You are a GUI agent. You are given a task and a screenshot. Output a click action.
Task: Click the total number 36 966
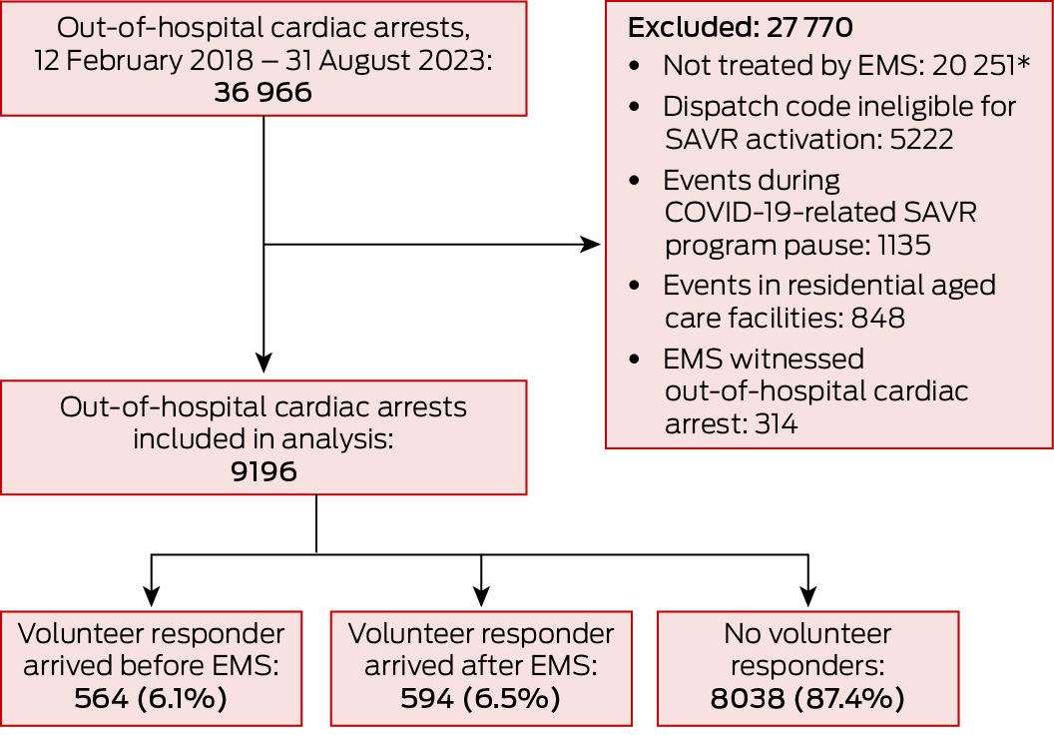click(x=263, y=93)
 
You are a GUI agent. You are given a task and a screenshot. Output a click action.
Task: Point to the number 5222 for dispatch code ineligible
click(x=920, y=139)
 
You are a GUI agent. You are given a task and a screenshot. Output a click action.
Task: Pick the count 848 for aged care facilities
click(x=877, y=319)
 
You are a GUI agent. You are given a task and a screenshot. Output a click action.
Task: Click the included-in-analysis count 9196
click(x=263, y=470)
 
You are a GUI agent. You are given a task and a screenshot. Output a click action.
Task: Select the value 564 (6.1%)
click(x=151, y=699)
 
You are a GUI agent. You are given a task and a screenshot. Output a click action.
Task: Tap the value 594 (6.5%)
click(x=480, y=699)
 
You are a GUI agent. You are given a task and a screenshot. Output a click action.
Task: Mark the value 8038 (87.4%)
click(x=807, y=699)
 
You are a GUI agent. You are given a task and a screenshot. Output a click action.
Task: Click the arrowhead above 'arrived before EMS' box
click(x=151, y=597)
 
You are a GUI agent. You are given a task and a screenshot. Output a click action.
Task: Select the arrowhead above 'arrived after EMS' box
click(x=481, y=597)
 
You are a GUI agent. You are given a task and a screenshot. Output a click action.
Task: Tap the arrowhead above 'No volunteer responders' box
click(x=807, y=597)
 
